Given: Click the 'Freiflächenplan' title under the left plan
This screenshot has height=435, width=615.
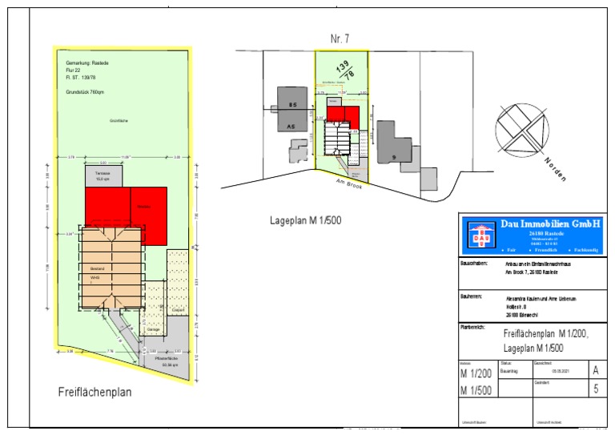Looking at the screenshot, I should (x=94, y=393).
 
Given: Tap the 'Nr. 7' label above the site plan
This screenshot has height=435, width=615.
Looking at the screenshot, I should (x=341, y=39).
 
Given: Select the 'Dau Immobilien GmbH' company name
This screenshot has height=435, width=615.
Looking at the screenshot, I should (x=550, y=225).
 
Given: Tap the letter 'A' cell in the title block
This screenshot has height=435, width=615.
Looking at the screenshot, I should (x=593, y=370).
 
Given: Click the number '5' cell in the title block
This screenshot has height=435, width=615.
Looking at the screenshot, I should (x=593, y=389).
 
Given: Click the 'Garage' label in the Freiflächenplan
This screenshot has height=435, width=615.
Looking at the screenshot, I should (x=154, y=329).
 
